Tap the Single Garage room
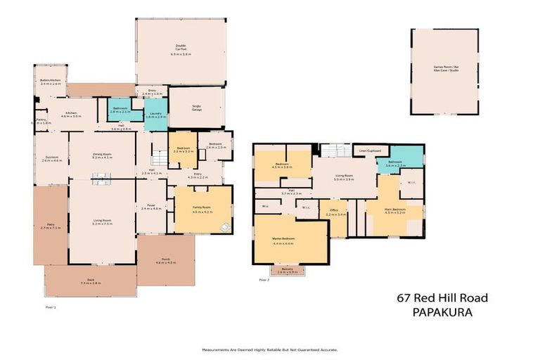[x=196, y=108]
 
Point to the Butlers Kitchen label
[x=51, y=81]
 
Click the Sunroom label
[x=51, y=157]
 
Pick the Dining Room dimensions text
[x=102, y=157]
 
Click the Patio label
[x=51, y=224]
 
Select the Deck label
[x=91, y=279]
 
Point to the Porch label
[x=165, y=259]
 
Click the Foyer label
[x=151, y=205]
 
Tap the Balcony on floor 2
[x=288, y=269]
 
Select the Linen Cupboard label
[x=369, y=150]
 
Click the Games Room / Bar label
[x=444, y=66]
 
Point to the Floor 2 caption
[x=264, y=280]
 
